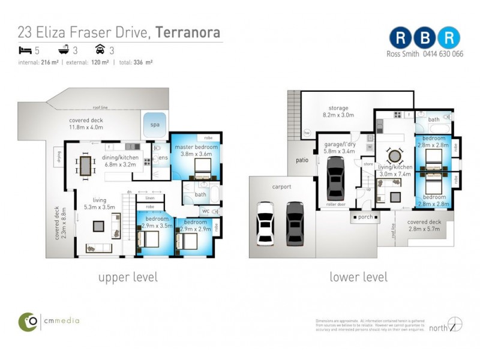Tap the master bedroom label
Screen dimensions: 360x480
coord(196,148)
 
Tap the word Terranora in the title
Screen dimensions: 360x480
coord(188,32)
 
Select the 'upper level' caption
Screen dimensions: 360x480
coord(128,277)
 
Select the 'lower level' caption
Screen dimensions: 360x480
coord(358,277)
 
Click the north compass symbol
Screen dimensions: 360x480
coord(455,324)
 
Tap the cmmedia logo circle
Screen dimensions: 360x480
coord(28,321)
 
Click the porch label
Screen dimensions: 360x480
coord(365,217)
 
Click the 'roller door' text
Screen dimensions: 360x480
coord(337,204)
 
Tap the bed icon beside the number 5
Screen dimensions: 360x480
coord(24,51)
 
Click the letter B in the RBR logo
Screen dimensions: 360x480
coord(425,38)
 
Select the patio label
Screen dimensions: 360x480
coord(301,160)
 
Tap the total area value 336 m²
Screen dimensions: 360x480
coord(143,62)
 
